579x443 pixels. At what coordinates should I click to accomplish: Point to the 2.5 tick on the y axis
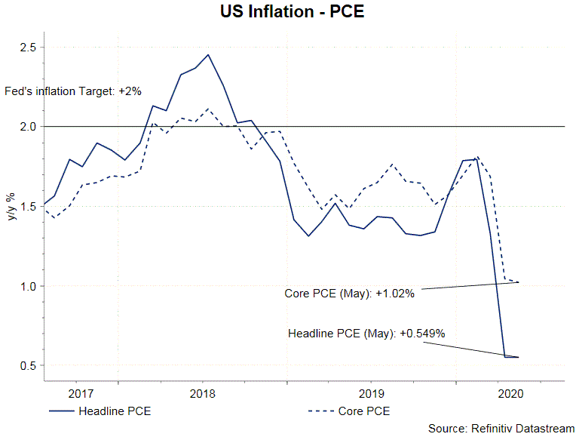[27, 47]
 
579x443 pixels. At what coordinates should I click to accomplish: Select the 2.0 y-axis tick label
[27, 127]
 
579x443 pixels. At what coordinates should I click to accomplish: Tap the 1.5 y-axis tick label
[27, 206]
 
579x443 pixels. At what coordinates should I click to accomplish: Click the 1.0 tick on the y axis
[27, 286]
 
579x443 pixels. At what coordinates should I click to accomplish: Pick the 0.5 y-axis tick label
[27, 366]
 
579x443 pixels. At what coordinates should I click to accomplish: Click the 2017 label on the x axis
[81, 393]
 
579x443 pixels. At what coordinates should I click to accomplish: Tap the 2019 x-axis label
[372, 393]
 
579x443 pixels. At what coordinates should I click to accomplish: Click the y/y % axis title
[11, 206]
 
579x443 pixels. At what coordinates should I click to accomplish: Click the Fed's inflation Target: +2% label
[72, 91]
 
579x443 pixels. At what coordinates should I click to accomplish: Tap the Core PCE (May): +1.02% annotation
[349, 294]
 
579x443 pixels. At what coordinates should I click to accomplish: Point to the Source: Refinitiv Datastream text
[501, 428]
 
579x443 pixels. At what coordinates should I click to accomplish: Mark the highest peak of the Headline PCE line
[209, 54]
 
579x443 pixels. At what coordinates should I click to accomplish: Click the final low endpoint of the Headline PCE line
[517, 358]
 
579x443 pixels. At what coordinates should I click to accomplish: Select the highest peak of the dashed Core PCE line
[209, 109]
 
